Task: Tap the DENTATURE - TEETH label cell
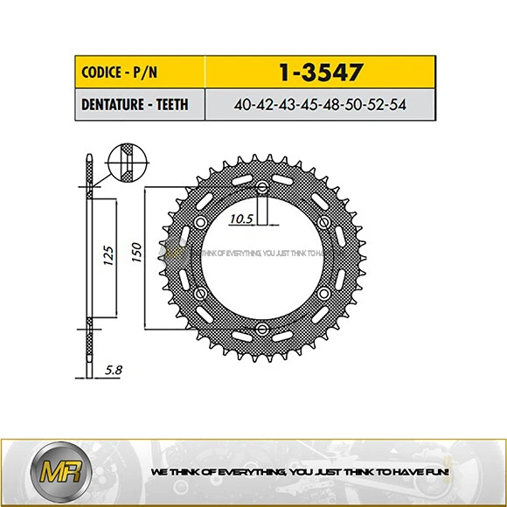[132, 106]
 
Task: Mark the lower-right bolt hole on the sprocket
[324, 293]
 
